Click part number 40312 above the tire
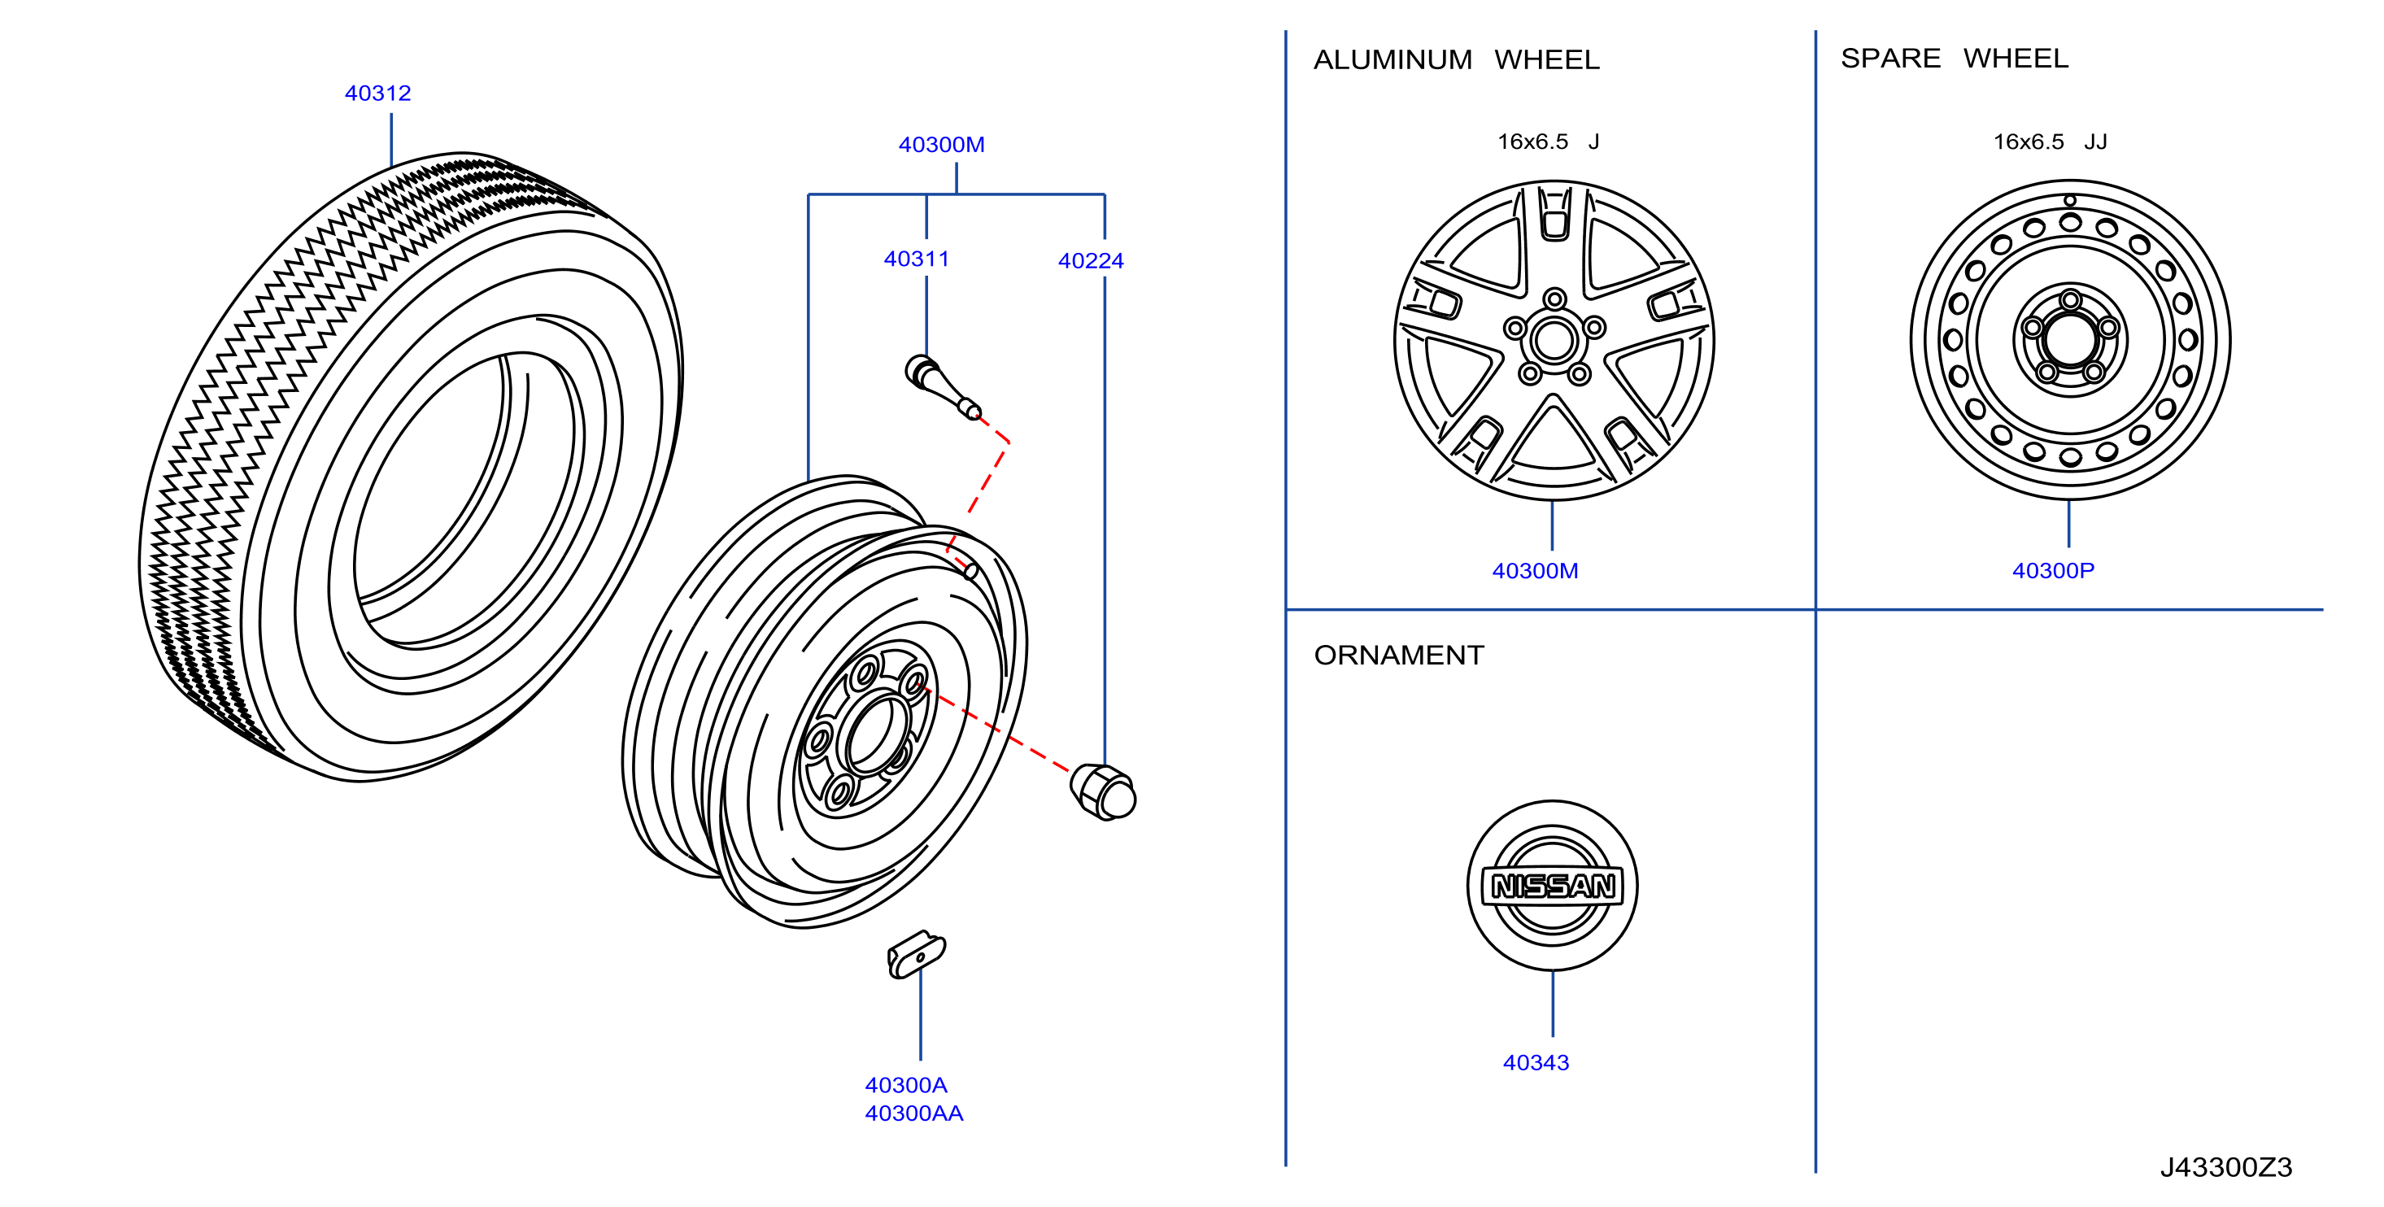click(377, 94)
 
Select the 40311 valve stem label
click(916, 259)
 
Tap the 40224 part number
click(1090, 261)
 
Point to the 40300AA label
click(913, 1113)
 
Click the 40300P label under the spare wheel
click(2053, 571)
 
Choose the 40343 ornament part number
click(1536, 1062)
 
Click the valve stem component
click(942, 387)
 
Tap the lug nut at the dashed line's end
click(1103, 792)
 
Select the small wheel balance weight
click(916, 954)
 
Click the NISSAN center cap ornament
click(1552, 886)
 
